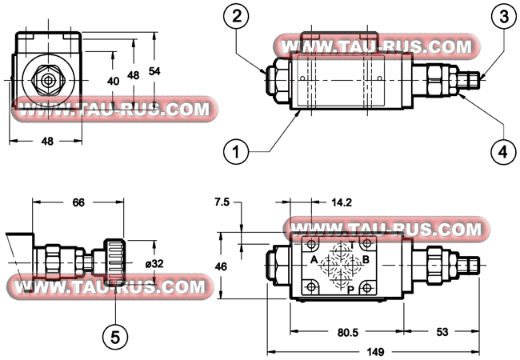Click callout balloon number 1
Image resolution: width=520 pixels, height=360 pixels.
point(236,152)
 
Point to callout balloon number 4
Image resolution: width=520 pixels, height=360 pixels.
point(504,152)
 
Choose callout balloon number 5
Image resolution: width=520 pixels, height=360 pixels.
point(115,338)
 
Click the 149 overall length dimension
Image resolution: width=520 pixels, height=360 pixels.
point(375,351)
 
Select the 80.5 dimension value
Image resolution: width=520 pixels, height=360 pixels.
point(348,332)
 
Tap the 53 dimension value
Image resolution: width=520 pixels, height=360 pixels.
point(442,332)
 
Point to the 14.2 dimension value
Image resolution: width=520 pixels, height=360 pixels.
point(342,202)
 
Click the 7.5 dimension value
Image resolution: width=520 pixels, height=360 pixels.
point(222,202)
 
